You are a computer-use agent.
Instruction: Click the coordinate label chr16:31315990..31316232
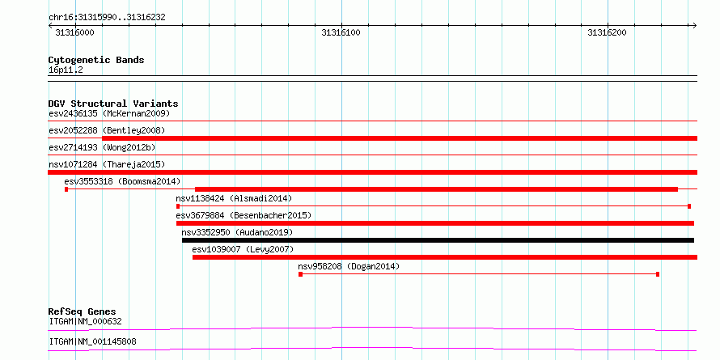pos(107,18)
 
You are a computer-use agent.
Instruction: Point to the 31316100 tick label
pos(341,32)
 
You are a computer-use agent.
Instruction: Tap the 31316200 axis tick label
pos(607,32)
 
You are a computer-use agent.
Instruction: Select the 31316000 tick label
pos(74,32)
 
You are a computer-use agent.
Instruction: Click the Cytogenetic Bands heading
pos(96,60)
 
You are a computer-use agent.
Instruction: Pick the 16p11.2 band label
pos(66,70)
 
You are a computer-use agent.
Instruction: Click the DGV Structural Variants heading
pos(113,104)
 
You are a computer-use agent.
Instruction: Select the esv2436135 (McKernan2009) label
pos(109,113)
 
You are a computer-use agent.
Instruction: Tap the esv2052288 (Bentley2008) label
pos(107,130)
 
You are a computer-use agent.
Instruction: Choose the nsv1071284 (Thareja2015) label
pos(107,164)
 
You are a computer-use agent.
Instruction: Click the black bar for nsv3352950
pos(438,240)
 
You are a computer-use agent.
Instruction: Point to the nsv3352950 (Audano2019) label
pos(237,232)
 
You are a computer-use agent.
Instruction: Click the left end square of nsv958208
pos(300,274)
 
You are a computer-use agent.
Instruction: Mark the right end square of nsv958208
pos(658,274)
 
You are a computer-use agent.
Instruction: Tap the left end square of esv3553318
pos(66,189)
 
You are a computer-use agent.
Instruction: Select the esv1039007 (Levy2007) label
pos(243,249)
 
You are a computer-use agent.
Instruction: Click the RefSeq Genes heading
pos(83,311)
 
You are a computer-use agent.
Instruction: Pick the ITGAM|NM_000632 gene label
pos(86,321)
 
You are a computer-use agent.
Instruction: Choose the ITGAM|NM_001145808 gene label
pos(92,342)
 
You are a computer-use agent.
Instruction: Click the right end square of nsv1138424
pos(689,206)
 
